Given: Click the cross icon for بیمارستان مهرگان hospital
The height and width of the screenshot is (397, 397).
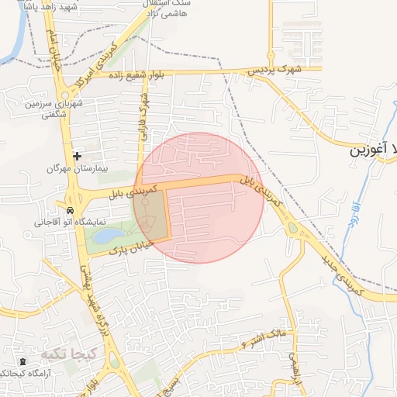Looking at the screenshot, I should [x=77, y=156].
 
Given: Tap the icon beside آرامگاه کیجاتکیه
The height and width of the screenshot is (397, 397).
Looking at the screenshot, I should [x=22, y=362].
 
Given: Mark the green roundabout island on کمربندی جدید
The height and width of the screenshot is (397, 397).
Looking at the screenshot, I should [x=292, y=227].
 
